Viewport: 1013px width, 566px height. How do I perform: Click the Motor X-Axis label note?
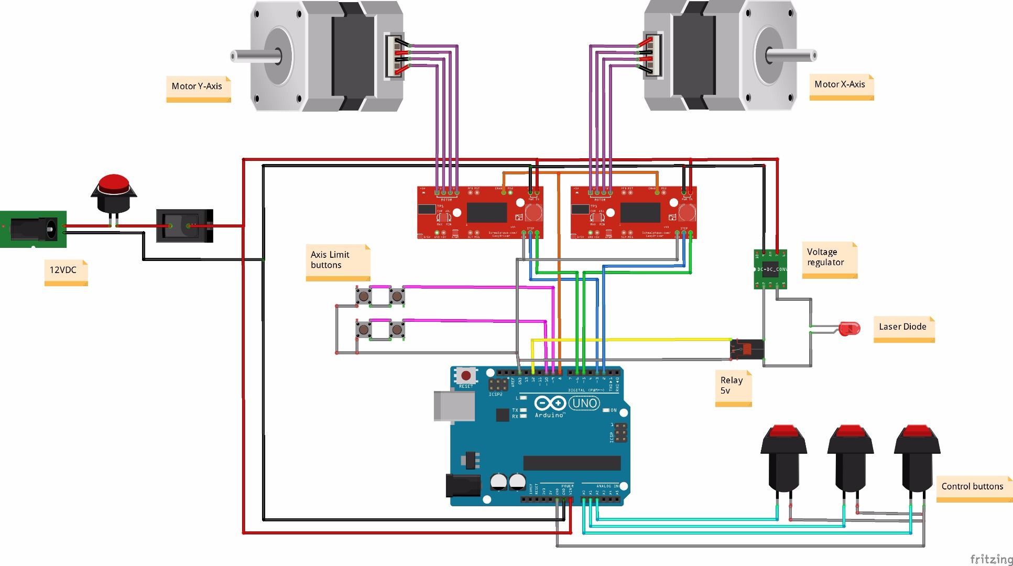[x=841, y=85]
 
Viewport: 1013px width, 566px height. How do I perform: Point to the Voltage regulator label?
[x=829, y=258]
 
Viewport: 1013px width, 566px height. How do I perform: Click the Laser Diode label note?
[x=903, y=328]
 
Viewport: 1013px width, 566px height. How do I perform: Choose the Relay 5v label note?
[x=733, y=386]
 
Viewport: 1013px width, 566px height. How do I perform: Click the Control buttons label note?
[x=973, y=487]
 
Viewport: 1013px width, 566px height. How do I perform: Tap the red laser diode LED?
[x=849, y=329]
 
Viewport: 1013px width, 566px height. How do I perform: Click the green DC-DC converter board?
[x=770, y=269]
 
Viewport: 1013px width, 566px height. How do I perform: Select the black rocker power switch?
[x=184, y=226]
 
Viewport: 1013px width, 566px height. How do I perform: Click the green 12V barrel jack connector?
[x=33, y=229]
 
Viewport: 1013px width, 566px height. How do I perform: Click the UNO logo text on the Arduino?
[x=585, y=403]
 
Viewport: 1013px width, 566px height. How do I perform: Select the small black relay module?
[x=747, y=349]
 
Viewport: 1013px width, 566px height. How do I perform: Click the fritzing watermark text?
[x=991, y=559]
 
